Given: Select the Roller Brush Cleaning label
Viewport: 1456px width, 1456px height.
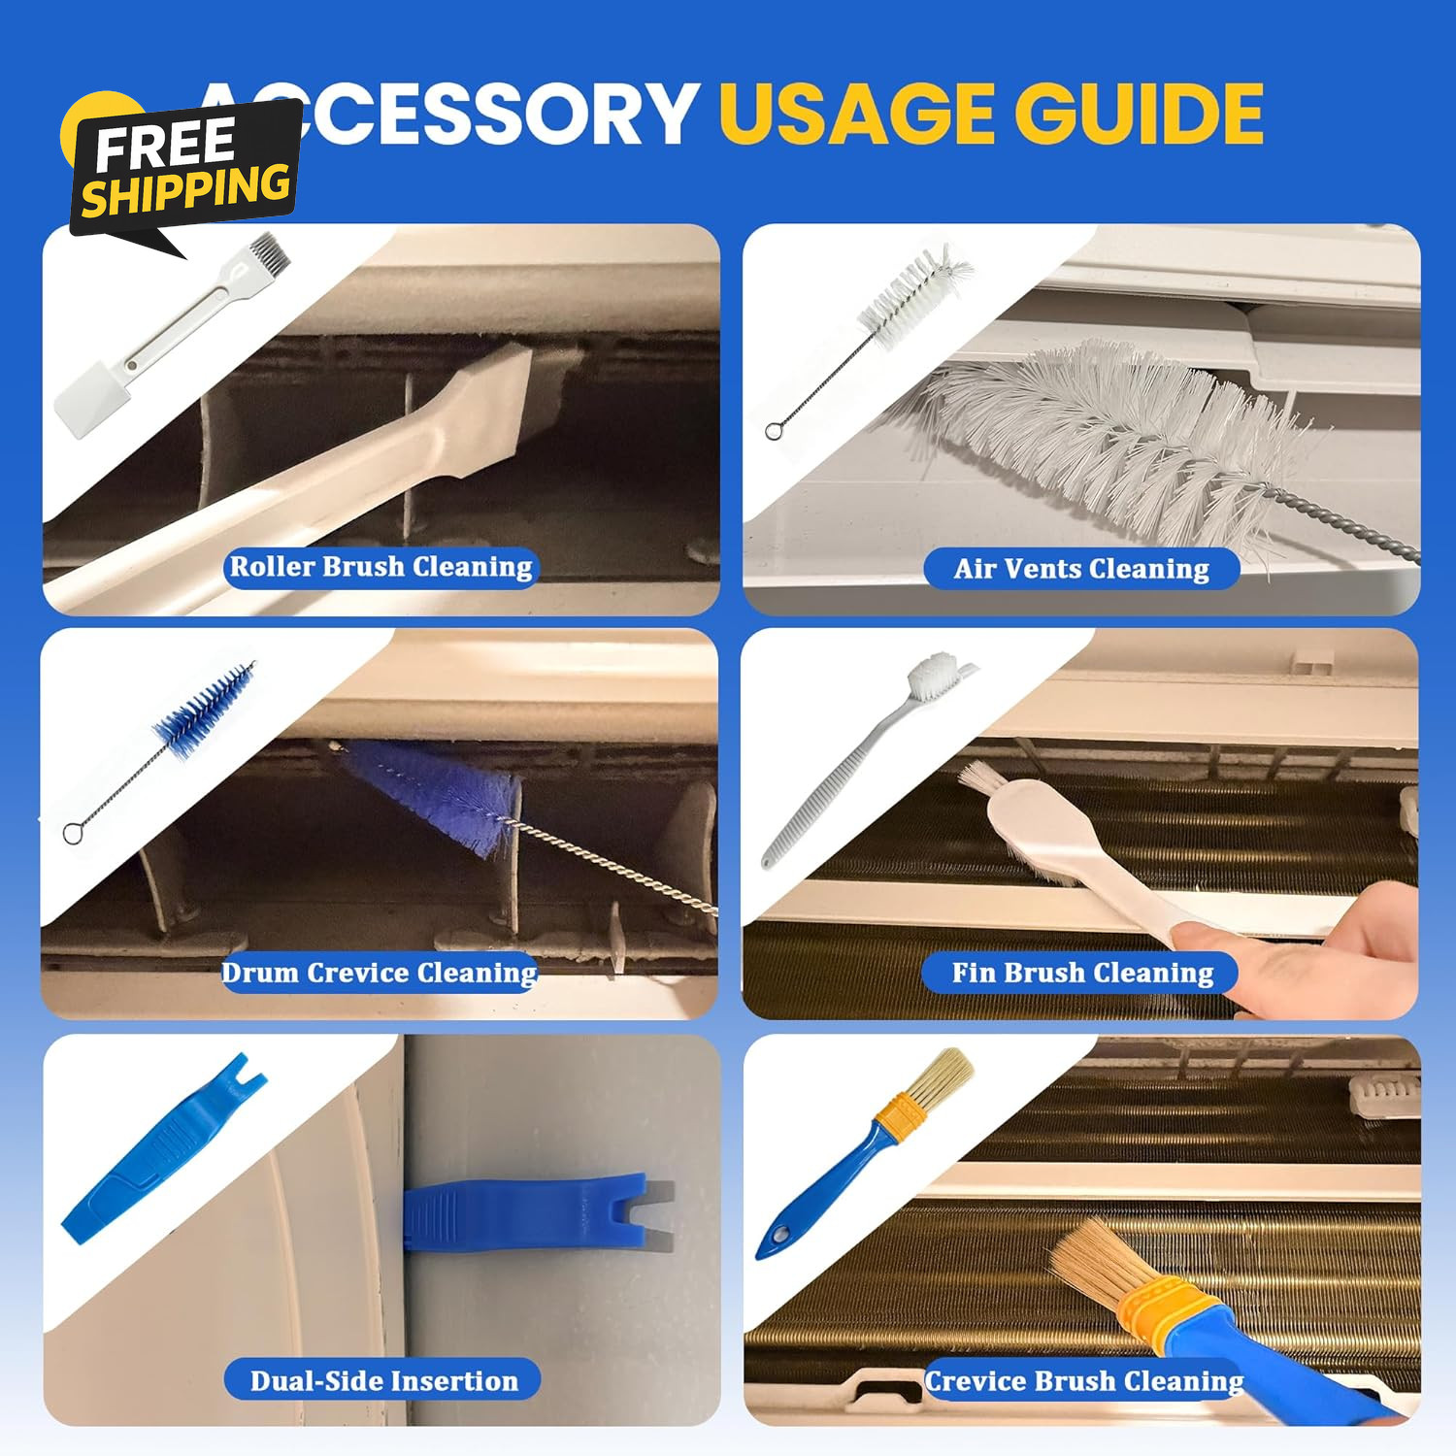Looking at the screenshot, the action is pyautogui.click(x=381, y=567).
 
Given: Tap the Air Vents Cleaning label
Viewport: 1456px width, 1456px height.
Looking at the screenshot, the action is pyautogui.click(x=1081, y=569).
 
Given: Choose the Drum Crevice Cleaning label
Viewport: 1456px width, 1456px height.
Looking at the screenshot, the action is pyautogui.click(x=380, y=973).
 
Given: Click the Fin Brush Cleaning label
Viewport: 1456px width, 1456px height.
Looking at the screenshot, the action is pyautogui.click(x=1081, y=973).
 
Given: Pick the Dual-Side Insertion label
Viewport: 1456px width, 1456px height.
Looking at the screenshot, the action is pyautogui.click(x=383, y=1380).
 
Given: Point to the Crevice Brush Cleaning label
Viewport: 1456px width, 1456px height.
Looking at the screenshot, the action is pyautogui.click(x=1084, y=1380).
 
